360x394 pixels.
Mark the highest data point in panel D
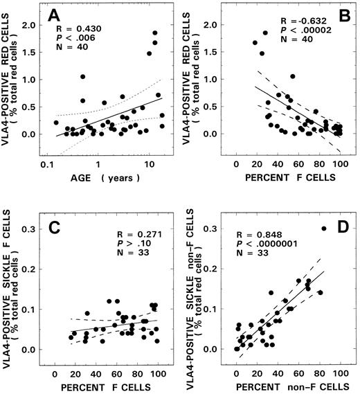[324, 229]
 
